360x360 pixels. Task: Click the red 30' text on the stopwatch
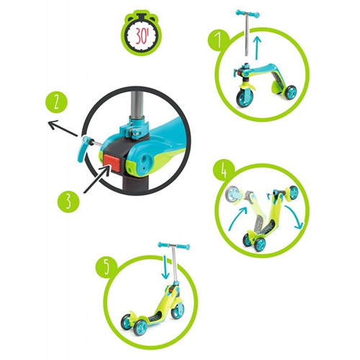[x=142, y=35]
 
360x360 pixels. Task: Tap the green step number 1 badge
[x=218, y=40]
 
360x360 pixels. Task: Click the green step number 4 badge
[x=224, y=171]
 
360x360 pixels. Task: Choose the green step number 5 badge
[x=107, y=267]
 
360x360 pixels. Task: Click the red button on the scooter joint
[x=112, y=162]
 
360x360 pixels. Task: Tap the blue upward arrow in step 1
[x=257, y=48]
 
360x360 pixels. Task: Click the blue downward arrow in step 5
[x=165, y=267]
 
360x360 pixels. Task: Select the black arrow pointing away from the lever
[x=63, y=129]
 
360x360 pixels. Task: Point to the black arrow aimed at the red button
[x=96, y=179]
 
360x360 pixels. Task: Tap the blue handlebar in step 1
[x=248, y=14]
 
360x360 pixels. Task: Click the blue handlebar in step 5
[x=174, y=246]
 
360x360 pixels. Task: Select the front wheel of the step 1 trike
[x=244, y=98]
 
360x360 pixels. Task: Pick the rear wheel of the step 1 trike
[x=291, y=92]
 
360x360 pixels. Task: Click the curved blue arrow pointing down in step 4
[x=295, y=216]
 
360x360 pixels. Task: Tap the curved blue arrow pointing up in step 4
[x=236, y=218]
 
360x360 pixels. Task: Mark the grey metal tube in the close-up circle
[x=137, y=106]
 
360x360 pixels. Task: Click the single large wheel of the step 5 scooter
[x=178, y=311]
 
